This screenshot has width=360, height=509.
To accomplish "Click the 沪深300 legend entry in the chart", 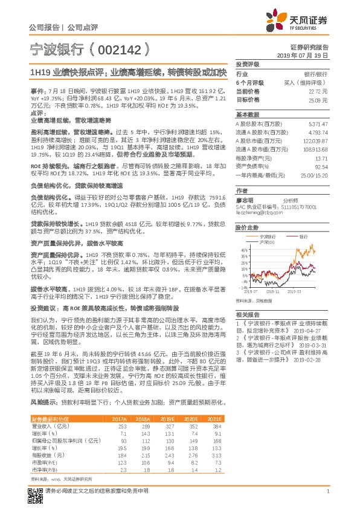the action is pyautogui.click(x=268, y=243).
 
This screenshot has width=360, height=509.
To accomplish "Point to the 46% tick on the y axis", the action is pyautogui.click(x=243, y=249).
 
